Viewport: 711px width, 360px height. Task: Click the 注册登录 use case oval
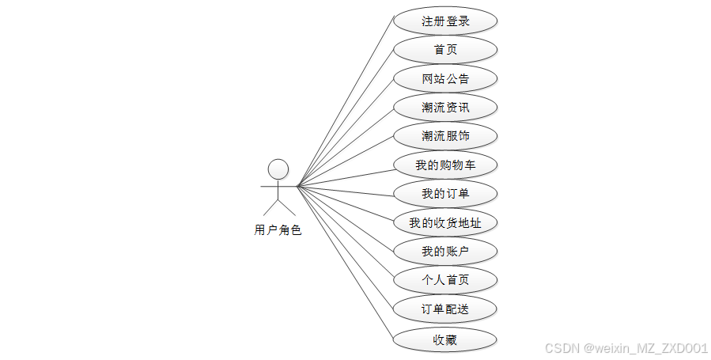[x=445, y=21]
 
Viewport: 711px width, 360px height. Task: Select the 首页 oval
[x=445, y=50]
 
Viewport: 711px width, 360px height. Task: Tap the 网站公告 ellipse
[x=445, y=78]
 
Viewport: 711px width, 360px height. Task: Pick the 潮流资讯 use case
[x=445, y=107]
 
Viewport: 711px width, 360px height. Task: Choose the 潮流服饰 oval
[x=445, y=136]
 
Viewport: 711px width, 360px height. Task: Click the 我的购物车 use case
[x=445, y=165]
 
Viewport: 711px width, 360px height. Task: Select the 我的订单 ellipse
[x=445, y=194]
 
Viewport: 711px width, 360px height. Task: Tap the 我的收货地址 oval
[x=445, y=222]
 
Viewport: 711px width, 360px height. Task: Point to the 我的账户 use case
[x=445, y=252]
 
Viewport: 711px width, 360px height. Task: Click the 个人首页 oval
[x=445, y=280]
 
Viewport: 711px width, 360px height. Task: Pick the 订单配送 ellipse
[x=445, y=309]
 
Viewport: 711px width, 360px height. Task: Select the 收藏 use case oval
[x=445, y=340]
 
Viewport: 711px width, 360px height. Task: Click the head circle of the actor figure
[x=278, y=169]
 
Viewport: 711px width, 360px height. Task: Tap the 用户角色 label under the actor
[x=278, y=230]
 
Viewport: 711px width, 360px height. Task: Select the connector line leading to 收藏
[x=345, y=263]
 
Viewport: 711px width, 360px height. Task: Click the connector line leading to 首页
[x=345, y=117]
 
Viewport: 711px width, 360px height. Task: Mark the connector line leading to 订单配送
[x=345, y=248]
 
